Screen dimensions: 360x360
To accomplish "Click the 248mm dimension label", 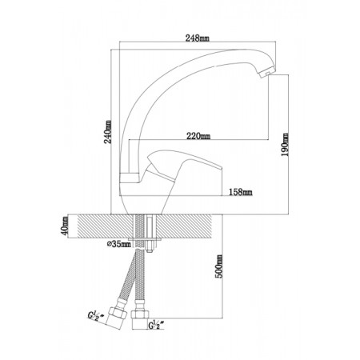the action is [x=198, y=38].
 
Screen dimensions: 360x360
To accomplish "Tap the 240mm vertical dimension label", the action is [x=108, y=132].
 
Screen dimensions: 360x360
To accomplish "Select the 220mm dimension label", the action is [x=198, y=136].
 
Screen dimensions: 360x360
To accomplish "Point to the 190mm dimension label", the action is [x=285, y=145].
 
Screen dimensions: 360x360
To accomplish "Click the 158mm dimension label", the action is [x=241, y=192].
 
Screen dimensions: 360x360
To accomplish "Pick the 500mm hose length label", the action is [x=218, y=266].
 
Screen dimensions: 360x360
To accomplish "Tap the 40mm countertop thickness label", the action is [x=65, y=226].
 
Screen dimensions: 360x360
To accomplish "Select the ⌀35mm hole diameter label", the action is [x=119, y=244].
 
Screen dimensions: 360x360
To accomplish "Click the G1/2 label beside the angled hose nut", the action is [x=96, y=316].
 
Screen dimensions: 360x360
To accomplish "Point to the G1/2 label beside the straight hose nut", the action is [x=157, y=325].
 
